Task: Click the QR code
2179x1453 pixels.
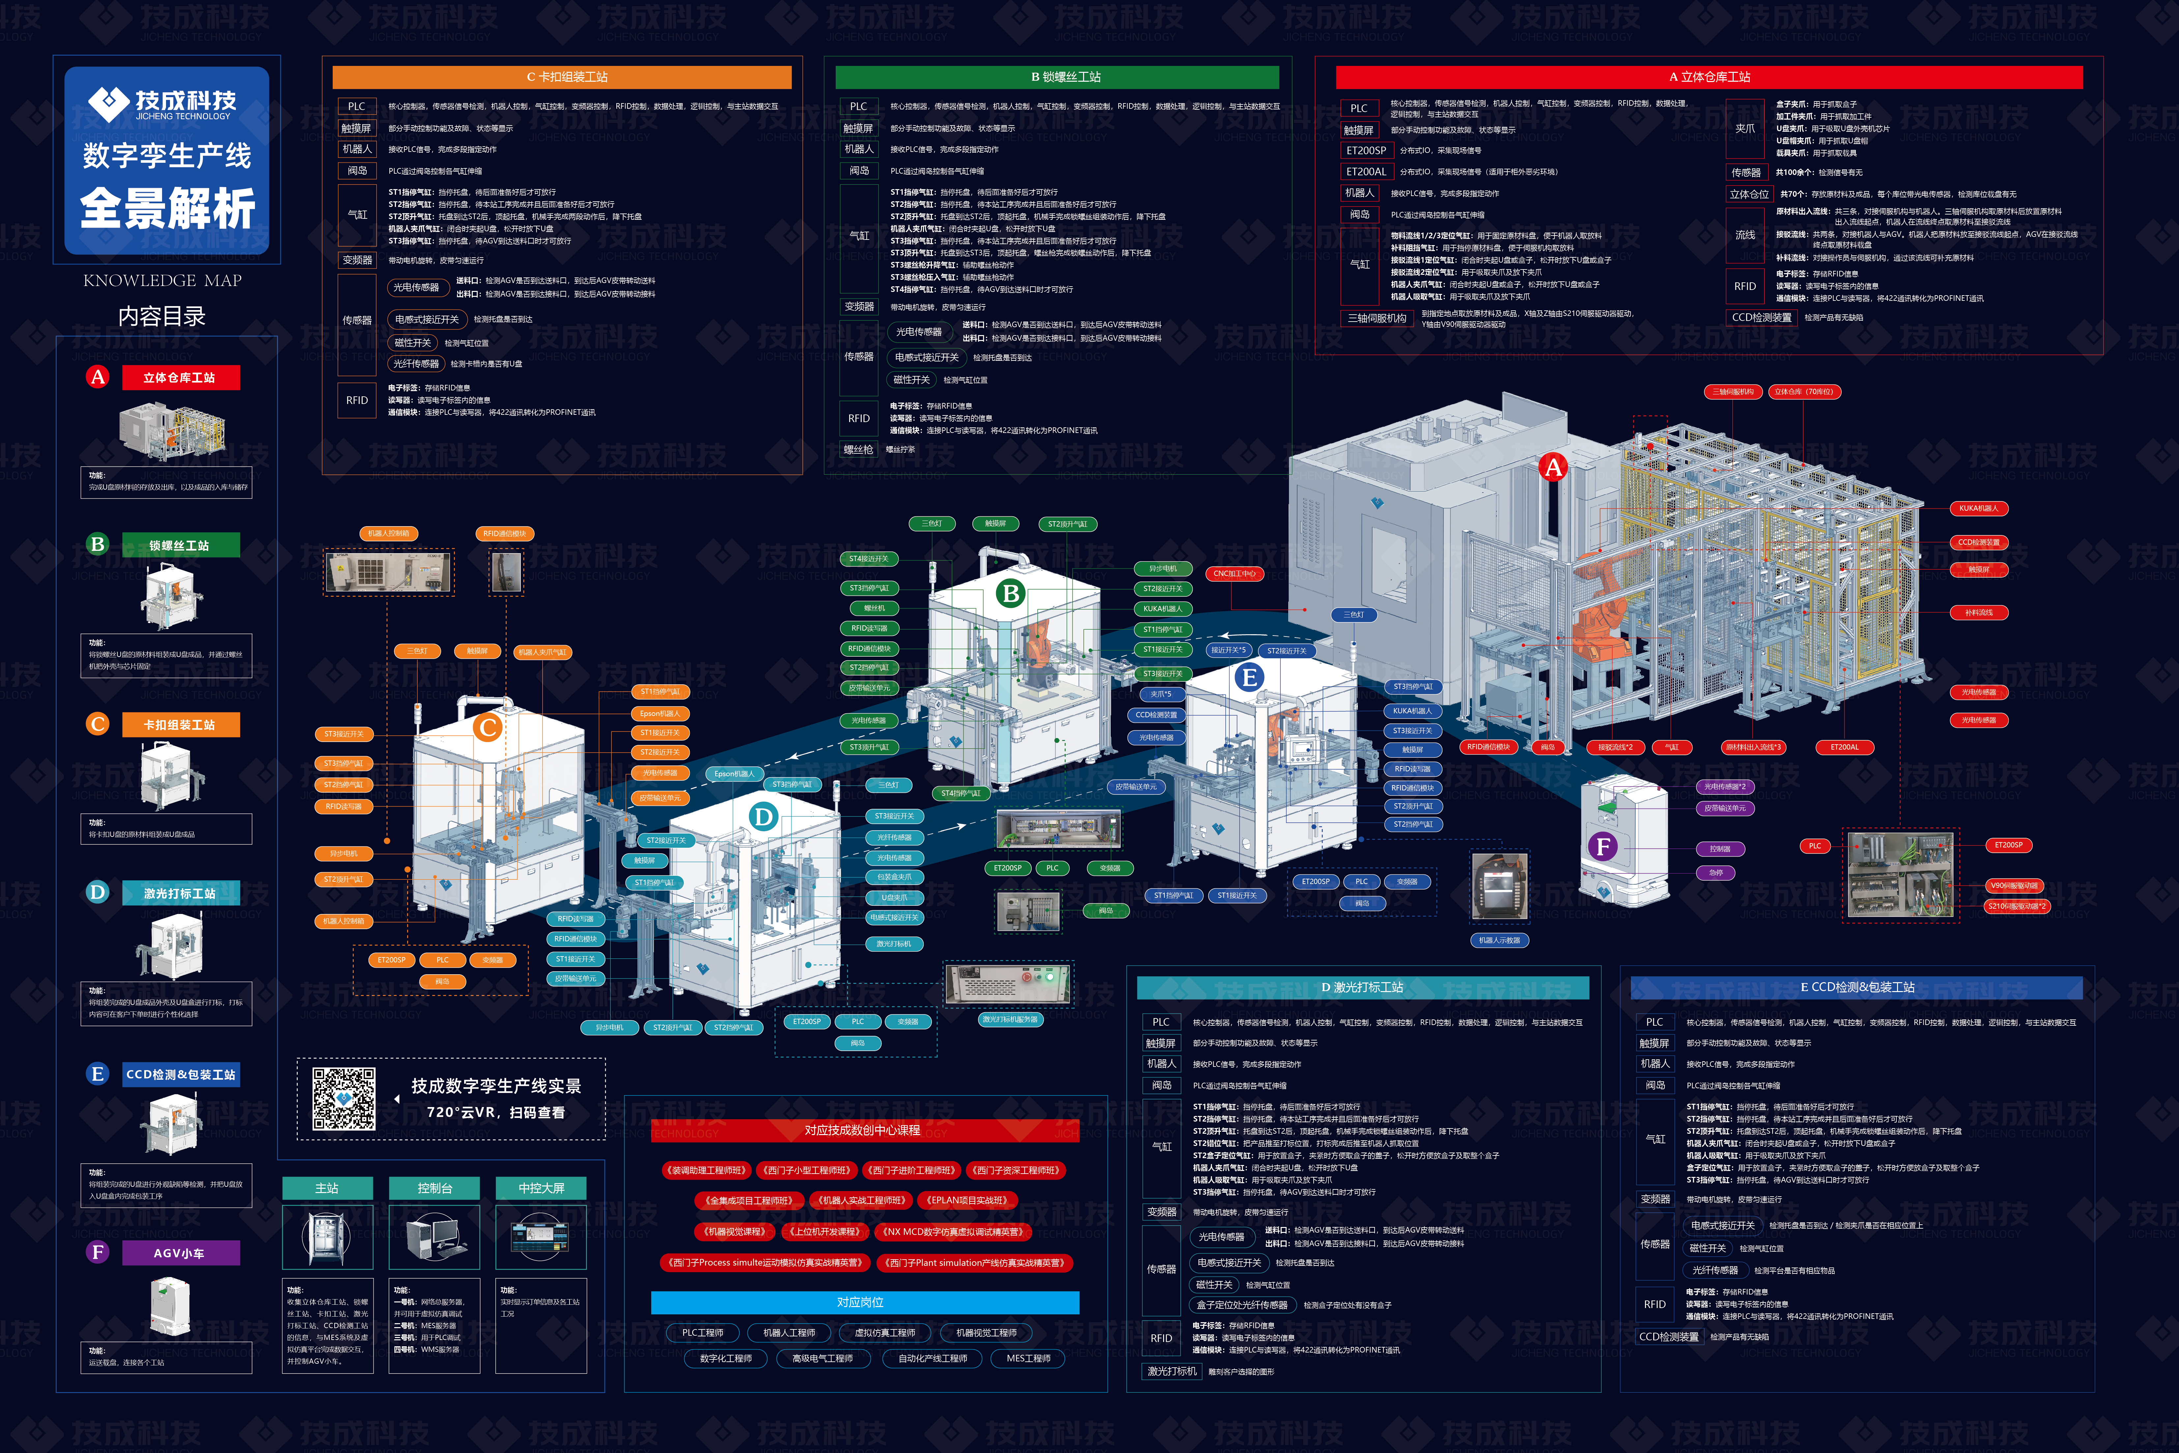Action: click(x=344, y=1099)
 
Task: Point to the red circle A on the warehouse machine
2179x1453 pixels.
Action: click(x=1553, y=467)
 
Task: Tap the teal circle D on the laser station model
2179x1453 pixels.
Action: click(x=764, y=816)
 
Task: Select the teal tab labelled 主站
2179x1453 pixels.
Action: click(x=327, y=1188)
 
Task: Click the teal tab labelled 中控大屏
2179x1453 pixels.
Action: click(x=541, y=1188)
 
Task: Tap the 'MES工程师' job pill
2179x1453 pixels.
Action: click(x=1028, y=1358)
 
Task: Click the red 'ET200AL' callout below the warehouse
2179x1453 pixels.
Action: click(x=1844, y=747)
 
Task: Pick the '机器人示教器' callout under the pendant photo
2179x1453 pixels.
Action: click(x=1499, y=941)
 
